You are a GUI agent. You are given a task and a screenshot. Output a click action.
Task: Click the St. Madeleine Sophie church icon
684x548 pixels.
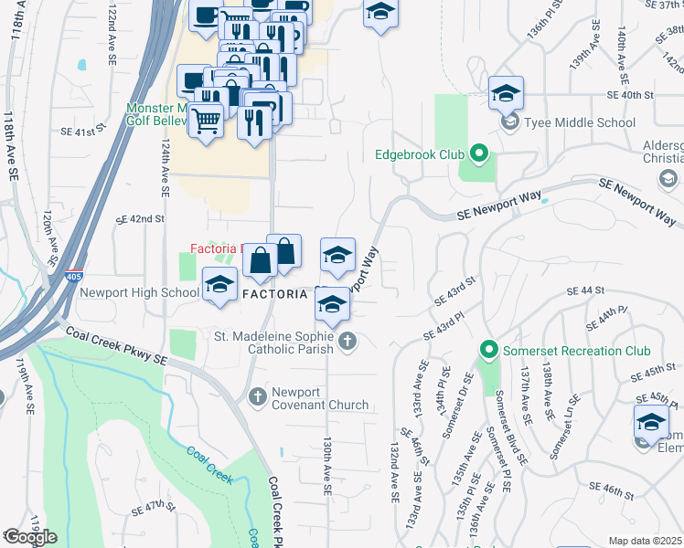tap(347, 342)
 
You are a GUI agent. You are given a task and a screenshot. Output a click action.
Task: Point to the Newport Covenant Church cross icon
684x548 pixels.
tap(257, 395)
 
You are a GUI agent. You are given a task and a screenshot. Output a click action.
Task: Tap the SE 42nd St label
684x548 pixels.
tap(140, 219)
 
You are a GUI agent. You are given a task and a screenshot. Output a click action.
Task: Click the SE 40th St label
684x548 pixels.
tap(632, 94)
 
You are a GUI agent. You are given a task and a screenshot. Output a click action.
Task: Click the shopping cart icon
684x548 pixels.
tap(208, 119)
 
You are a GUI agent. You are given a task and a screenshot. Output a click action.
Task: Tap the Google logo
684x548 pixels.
tap(29, 537)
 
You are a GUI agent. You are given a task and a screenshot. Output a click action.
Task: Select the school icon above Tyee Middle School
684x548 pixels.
tap(506, 94)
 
